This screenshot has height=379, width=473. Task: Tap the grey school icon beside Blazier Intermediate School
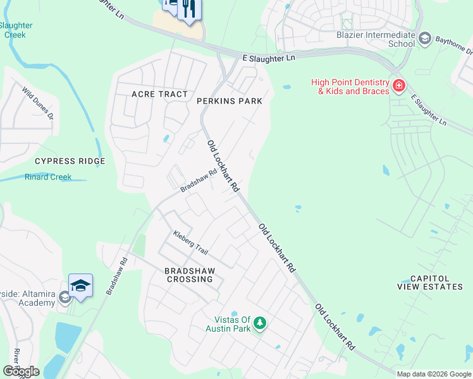click(425, 39)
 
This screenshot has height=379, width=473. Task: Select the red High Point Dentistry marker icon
click(398, 86)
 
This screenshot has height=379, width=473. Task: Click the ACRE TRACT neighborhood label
click(159, 94)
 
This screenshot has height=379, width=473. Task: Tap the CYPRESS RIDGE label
click(70, 161)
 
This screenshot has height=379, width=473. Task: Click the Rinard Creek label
click(48, 177)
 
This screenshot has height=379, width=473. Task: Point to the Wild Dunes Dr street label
click(38, 104)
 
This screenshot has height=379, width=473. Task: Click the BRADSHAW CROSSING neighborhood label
click(181, 275)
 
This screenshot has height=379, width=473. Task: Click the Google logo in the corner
click(21, 371)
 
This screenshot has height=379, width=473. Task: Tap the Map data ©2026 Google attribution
click(434, 374)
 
